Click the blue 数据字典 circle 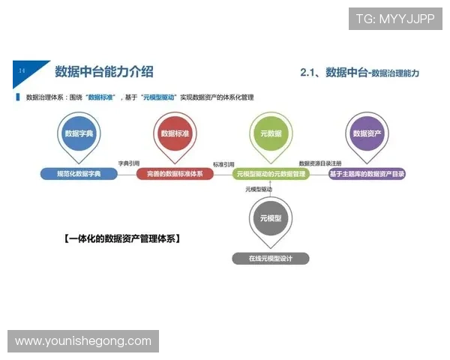(79, 133)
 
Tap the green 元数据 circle (270, 133)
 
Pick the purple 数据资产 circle (367, 133)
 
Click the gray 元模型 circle (270, 218)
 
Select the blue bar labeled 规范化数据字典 (79, 174)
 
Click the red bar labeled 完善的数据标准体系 (175, 174)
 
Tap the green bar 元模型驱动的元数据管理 (270, 174)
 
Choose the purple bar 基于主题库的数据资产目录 (367, 174)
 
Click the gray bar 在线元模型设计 (270, 258)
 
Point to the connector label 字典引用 (128, 163)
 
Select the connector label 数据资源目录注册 (319, 163)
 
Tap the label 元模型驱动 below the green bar (259, 189)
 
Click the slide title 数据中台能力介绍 (104, 72)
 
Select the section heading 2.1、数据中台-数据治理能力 (358, 73)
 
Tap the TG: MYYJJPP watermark (395, 19)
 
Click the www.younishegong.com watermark (83, 341)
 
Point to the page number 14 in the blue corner (22, 70)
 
